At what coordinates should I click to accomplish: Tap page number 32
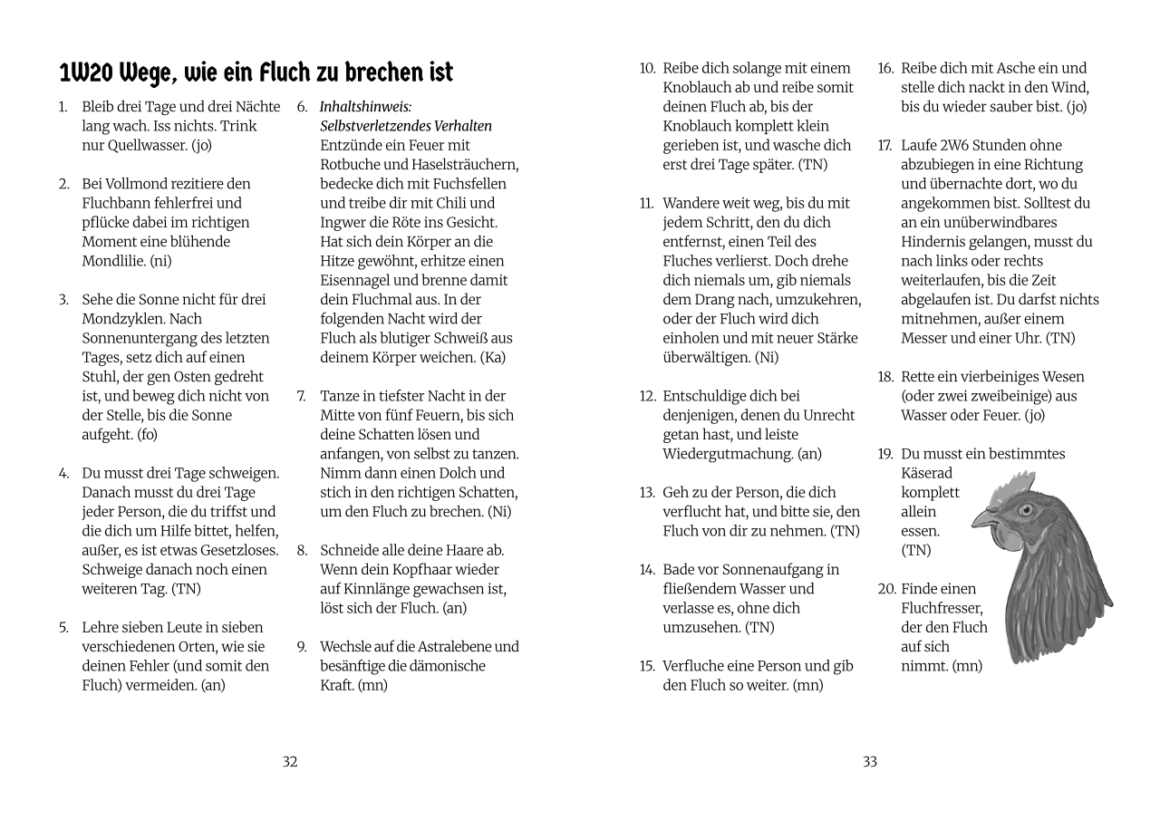click(x=290, y=762)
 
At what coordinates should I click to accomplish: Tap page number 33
click(x=870, y=762)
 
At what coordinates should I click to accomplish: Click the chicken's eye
click(x=1026, y=509)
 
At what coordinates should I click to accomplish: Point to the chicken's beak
click(x=982, y=519)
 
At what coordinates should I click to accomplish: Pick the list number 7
click(x=301, y=396)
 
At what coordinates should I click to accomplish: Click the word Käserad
click(x=927, y=473)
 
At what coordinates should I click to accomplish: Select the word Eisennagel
click(x=356, y=280)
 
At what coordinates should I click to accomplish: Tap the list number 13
click(x=646, y=493)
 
